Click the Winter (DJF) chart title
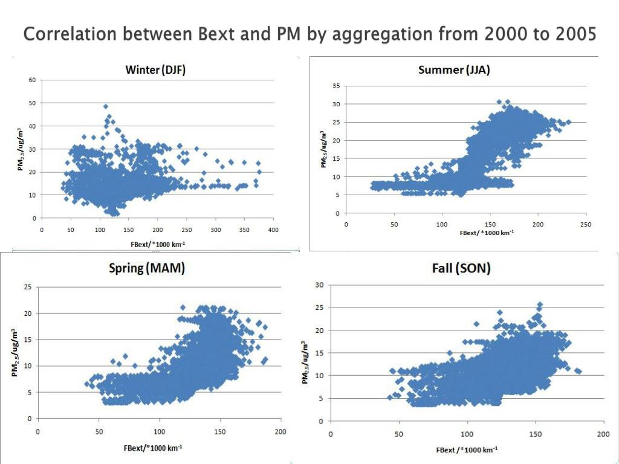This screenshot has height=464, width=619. pos(155,69)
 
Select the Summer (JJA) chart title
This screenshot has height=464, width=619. pos(454,69)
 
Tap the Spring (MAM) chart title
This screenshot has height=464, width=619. pos(147,268)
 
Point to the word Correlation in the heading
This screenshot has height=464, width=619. pos(71,34)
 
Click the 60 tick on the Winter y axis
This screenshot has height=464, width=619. pos(31,80)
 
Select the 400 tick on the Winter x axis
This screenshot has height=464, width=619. pos(273,230)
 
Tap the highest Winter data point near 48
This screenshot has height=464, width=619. pos(106,106)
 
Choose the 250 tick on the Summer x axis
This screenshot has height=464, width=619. pos(586,224)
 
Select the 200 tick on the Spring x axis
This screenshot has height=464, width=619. pos(280,431)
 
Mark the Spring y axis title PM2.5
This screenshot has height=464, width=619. pos(15,352)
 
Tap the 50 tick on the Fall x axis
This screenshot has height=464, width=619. pos(398,434)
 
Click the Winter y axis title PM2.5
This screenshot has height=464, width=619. pos(20,148)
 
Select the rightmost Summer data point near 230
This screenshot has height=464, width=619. pos(568,122)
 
